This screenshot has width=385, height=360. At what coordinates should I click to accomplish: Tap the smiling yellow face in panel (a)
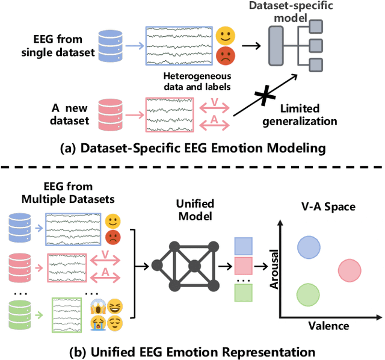click(224, 34)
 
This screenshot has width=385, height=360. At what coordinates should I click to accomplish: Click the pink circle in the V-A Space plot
click(350, 272)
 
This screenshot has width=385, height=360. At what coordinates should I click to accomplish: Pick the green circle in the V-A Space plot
click(308, 294)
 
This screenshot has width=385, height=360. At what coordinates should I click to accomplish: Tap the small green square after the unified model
click(242, 293)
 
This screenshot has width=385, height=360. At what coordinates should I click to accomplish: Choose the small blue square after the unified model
click(242, 246)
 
